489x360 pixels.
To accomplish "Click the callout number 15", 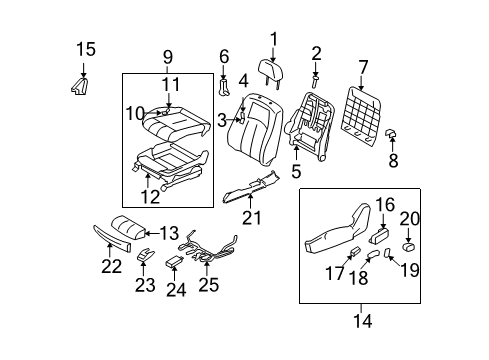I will coord(86,48).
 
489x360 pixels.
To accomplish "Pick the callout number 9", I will coord(169,57).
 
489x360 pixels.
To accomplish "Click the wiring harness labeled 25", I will coord(207,259).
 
